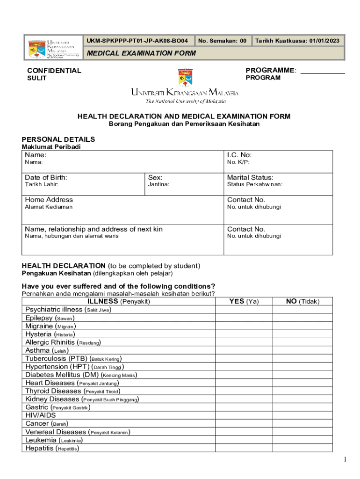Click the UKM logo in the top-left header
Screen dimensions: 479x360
(x=52, y=47)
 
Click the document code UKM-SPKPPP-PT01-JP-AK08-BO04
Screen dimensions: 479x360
(x=137, y=41)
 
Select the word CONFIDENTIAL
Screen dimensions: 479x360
(x=54, y=71)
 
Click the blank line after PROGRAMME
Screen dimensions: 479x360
(x=322, y=71)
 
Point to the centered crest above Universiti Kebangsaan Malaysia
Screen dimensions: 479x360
(x=184, y=77)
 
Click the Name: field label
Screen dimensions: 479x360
(x=36, y=155)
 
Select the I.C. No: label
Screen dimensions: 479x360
(x=239, y=155)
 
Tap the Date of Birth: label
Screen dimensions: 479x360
(x=46, y=177)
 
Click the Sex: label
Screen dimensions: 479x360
(x=155, y=177)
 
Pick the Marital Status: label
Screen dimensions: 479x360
(x=250, y=177)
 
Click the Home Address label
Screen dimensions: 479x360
(x=49, y=200)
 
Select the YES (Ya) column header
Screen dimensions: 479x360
(x=244, y=301)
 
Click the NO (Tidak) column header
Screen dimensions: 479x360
(x=302, y=301)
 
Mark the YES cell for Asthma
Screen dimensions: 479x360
(x=244, y=350)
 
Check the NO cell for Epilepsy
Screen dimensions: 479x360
(x=302, y=318)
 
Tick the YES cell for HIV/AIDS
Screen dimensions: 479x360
(x=244, y=415)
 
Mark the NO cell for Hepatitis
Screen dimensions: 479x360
(x=302, y=448)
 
